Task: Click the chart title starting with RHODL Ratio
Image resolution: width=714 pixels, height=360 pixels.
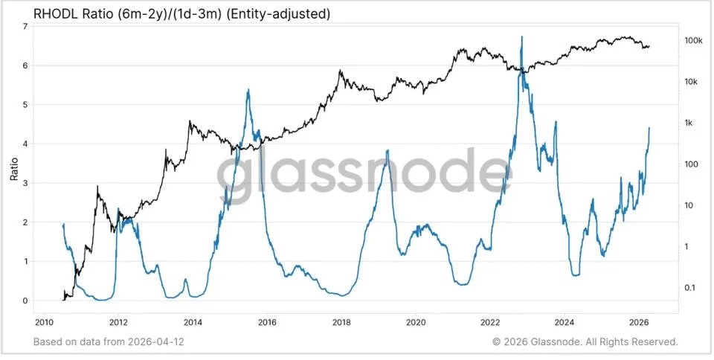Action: point(182,14)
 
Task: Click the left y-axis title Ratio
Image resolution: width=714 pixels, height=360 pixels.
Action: point(14,169)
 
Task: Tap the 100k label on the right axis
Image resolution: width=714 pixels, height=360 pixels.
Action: point(692,40)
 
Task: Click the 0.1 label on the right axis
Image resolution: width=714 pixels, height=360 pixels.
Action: point(690,288)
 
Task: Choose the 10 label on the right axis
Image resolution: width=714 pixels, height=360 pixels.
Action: point(689,205)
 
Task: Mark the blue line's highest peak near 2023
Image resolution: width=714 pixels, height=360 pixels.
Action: point(522,36)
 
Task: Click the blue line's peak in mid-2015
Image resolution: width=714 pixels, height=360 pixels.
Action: point(248,89)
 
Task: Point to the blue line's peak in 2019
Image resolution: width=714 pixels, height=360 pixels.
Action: point(387,150)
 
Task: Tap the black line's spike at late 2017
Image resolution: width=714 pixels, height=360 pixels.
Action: point(340,70)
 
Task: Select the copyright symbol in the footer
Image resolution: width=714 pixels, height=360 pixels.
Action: point(496,342)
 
